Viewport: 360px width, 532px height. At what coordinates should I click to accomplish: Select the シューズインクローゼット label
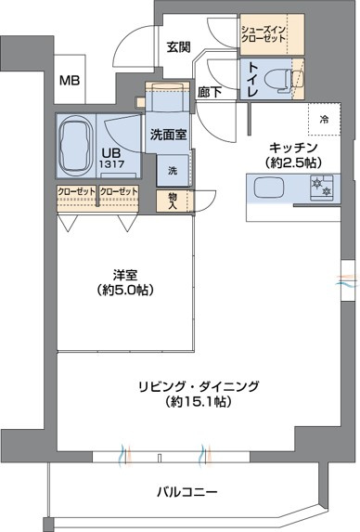(265, 34)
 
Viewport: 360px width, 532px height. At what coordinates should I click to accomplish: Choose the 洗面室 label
(168, 134)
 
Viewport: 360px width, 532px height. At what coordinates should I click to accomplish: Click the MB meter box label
(71, 81)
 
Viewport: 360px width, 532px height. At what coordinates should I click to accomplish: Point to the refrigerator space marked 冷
(323, 119)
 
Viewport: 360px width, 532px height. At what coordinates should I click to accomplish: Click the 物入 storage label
(174, 201)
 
